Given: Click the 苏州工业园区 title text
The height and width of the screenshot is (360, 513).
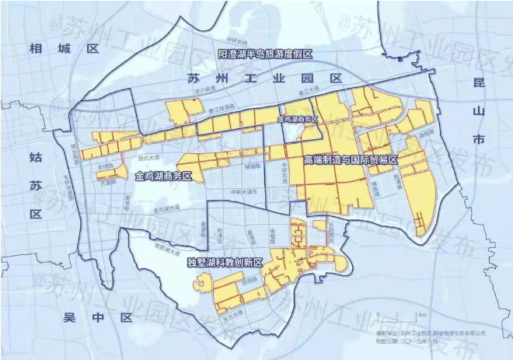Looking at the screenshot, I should click(265, 79).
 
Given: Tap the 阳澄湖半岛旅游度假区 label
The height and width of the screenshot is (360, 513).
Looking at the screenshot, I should click(264, 54).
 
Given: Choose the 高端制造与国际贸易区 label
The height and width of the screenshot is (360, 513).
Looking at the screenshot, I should click(351, 159).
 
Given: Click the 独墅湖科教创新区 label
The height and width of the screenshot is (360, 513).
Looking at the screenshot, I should click(225, 264).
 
